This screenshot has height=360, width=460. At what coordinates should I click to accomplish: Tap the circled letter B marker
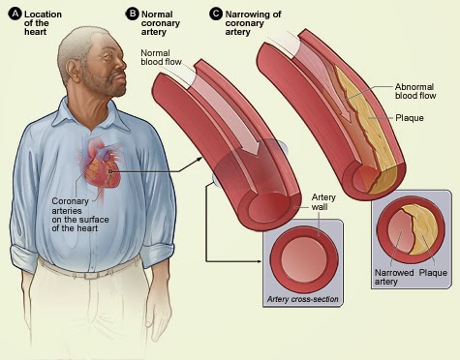click(x=133, y=14)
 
